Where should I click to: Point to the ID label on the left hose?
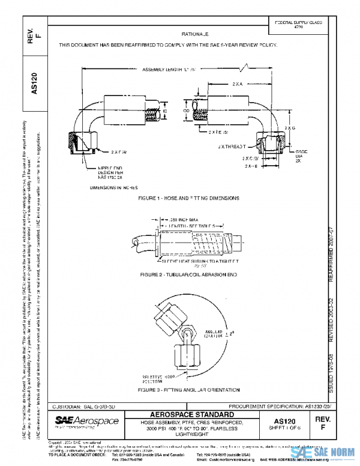pos(165,111)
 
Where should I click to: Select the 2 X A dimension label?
pos(238,85)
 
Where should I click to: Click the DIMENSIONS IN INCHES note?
pos(113,187)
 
